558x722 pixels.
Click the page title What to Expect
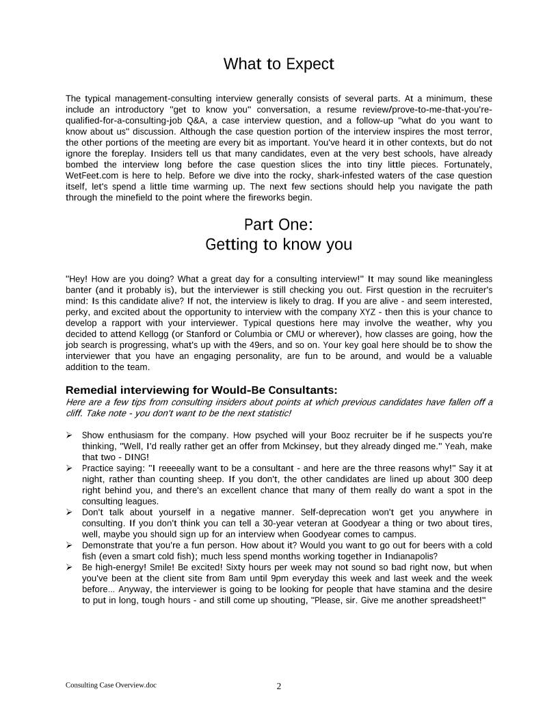pyautogui.click(x=278, y=64)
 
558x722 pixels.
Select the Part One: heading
pyautogui.click(x=278, y=224)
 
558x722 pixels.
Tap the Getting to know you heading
pyautogui.click(x=278, y=244)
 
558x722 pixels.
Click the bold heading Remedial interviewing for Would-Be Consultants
pyautogui.click(x=202, y=390)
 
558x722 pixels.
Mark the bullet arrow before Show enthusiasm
pyautogui.click(x=70, y=435)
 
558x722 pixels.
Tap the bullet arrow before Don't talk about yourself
pyautogui.click(x=70, y=511)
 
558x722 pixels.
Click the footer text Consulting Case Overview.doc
pyautogui.click(x=111, y=684)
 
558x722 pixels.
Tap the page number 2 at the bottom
pyautogui.click(x=279, y=686)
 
